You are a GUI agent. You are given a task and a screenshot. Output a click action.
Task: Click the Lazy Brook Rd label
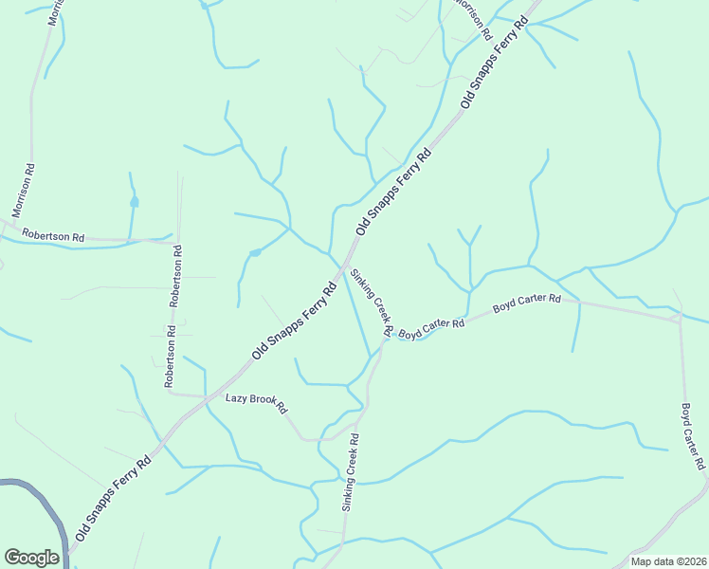coord(256,401)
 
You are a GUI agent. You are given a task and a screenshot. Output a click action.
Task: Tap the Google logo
coord(31,558)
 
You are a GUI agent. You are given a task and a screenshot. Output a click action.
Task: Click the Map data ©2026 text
coord(668,561)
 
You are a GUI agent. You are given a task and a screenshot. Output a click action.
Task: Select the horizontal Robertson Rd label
coord(53,234)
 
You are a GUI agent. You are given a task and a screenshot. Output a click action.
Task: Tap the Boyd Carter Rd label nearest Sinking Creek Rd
coord(431,328)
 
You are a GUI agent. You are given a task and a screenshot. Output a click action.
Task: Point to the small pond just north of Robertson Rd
coord(135,202)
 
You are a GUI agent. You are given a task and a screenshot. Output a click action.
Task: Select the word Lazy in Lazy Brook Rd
coord(236,398)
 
